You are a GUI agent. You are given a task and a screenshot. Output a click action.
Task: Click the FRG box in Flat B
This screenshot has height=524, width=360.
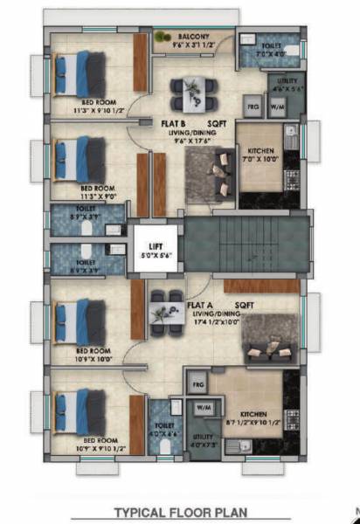pyautogui.click(x=253, y=106)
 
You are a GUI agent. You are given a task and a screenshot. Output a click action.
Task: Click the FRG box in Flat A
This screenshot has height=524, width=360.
pyautogui.click(x=197, y=383)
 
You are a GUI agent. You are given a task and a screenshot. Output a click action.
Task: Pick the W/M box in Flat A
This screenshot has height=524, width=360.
pyautogui.click(x=204, y=409)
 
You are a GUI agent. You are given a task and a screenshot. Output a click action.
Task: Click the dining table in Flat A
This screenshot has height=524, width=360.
pyautogui.click(x=163, y=307)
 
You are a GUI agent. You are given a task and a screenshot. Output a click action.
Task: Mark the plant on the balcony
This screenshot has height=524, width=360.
pyautogui.click(x=163, y=37)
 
